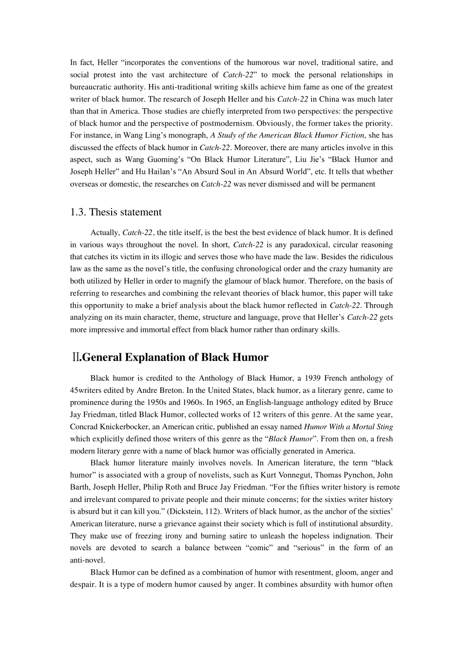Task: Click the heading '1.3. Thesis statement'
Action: [x=116, y=212]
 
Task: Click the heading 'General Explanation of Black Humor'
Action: [x=174, y=357]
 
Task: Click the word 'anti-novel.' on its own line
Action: [x=87, y=560]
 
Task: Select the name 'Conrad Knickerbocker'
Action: [x=108, y=426]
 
